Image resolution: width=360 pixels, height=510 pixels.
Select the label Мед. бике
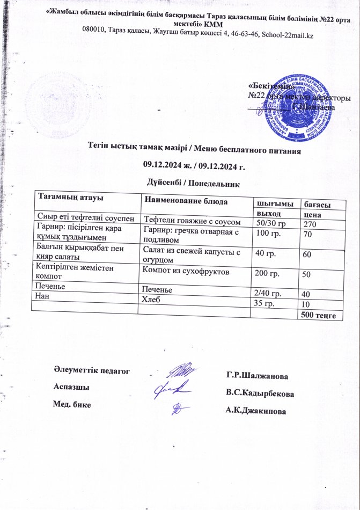point(71,404)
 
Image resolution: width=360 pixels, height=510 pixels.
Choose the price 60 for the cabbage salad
point(307,253)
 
